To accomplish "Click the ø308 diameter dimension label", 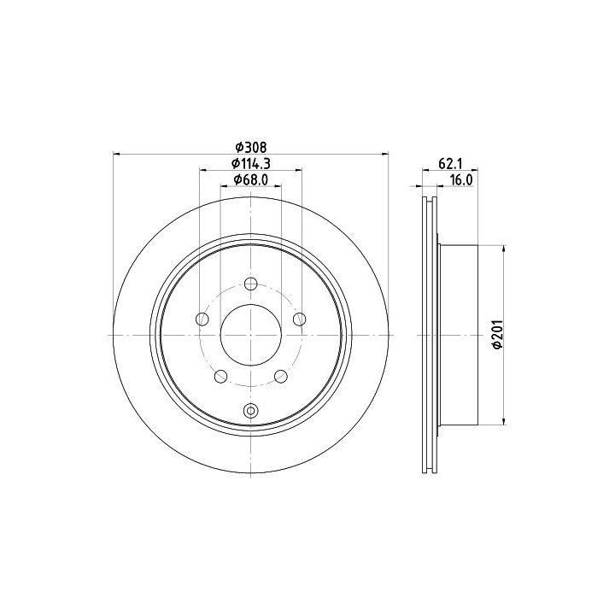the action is [x=250, y=148].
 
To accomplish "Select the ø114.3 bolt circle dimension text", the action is [x=250, y=163].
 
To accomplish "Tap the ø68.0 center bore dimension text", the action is [x=250, y=179].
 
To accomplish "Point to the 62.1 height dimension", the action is [x=449, y=164].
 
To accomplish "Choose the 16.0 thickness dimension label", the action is [x=461, y=180].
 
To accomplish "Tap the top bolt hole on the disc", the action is [x=250, y=284].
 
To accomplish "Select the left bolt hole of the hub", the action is [x=202, y=319].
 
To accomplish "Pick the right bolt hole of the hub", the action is [x=299, y=319].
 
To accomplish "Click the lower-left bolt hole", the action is [x=221, y=377].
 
